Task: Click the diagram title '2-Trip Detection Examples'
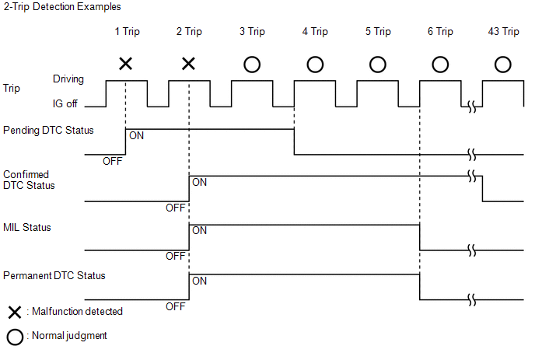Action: click(51, 7)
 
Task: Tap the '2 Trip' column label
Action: click(189, 32)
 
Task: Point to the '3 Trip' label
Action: click(252, 32)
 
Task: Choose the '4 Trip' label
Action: click(314, 32)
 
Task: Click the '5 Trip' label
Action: click(377, 32)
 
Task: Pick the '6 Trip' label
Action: click(439, 32)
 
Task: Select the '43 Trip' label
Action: click(503, 32)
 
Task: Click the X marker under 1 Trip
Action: click(125, 63)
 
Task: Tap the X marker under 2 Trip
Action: click(188, 63)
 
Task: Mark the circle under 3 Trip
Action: click(252, 63)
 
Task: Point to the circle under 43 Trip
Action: click(503, 63)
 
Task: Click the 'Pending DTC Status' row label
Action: click(48, 130)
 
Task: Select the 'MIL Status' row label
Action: click(27, 229)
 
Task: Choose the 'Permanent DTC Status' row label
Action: click(54, 275)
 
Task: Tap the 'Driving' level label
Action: click(68, 79)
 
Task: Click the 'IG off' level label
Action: click(68, 102)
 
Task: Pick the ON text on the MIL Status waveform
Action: click(199, 230)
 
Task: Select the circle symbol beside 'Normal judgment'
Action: click(13, 337)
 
